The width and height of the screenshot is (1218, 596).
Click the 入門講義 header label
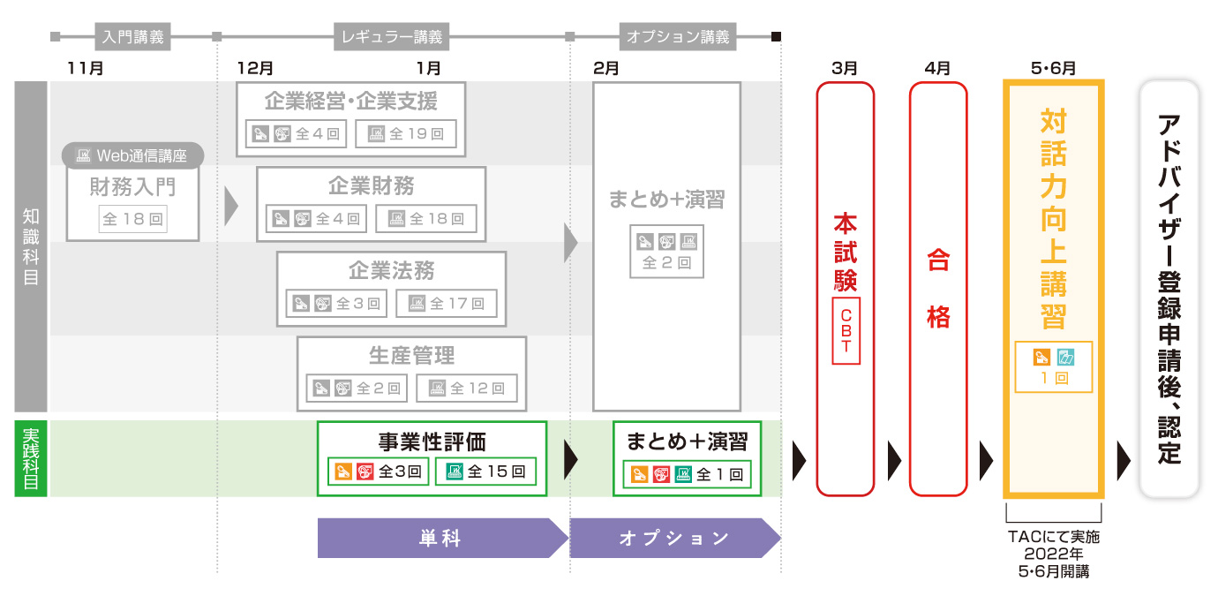(132, 37)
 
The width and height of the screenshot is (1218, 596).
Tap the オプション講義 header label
(678, 37)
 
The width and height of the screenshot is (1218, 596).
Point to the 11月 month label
(85, 68)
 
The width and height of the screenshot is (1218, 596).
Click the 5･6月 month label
(1053, 68)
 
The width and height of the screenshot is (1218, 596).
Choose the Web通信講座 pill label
(134, 156)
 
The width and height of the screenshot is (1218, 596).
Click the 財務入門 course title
(132, 186)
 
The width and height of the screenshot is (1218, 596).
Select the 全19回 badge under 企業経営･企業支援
(407, 134)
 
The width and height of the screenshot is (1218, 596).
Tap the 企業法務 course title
(391, 270)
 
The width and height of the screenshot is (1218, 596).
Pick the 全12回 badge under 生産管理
(467, 387)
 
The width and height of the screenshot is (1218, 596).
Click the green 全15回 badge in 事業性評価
(485, 472)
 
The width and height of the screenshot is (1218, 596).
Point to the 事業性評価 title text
(432, 441)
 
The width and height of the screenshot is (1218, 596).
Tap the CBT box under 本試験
(846, 331)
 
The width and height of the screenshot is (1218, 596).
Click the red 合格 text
(937, 290)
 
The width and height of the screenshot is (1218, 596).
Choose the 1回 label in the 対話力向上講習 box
(1054, 378)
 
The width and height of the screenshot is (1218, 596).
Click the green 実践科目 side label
(31, 458)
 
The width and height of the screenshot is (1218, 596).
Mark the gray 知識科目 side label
(31, 246)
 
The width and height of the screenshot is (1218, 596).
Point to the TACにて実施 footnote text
(1053, 536)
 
